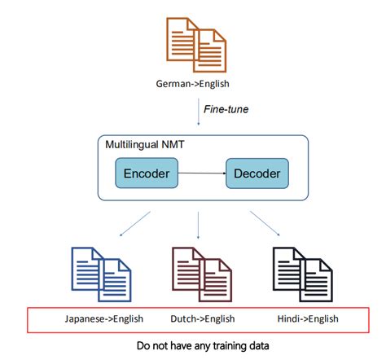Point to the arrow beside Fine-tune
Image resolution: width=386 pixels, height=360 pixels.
pos(195,108)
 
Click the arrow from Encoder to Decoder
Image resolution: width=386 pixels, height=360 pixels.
pos(202,173)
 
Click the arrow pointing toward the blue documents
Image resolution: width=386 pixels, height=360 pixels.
pos(136,222)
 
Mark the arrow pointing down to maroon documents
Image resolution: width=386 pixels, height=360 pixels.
pos(197,223)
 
